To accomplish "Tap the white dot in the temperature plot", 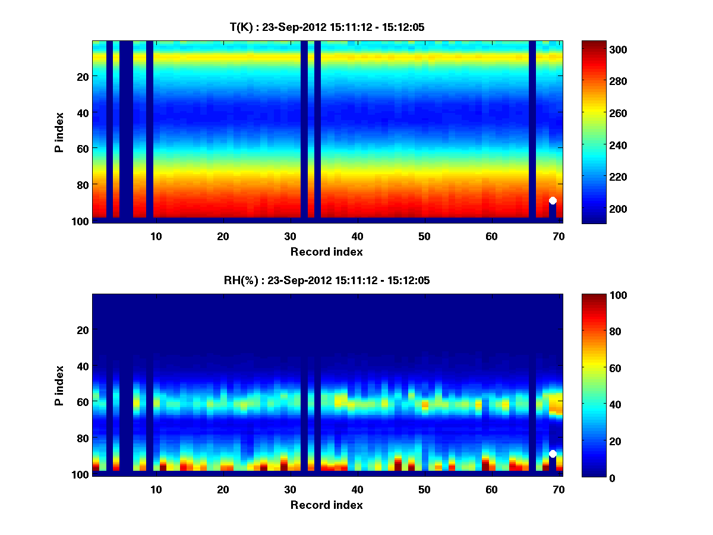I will tap(553, 201).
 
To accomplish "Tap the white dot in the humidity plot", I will tap(553, 454).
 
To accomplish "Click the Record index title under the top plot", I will tap(327, 251).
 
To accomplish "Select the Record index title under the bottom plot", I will tap(327, 505).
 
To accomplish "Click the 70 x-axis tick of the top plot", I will tap(559, 236).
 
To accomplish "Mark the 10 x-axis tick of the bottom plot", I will tap(156, 489).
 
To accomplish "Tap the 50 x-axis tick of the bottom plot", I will tap(424, 489).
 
